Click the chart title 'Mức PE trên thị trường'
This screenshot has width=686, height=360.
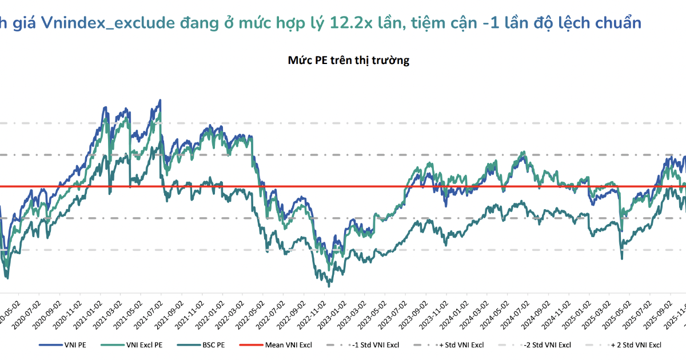(x=349, y=60)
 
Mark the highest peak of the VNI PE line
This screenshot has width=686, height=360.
(x=160, y=100)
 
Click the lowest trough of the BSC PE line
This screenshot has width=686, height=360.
(x=329, y=286)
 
